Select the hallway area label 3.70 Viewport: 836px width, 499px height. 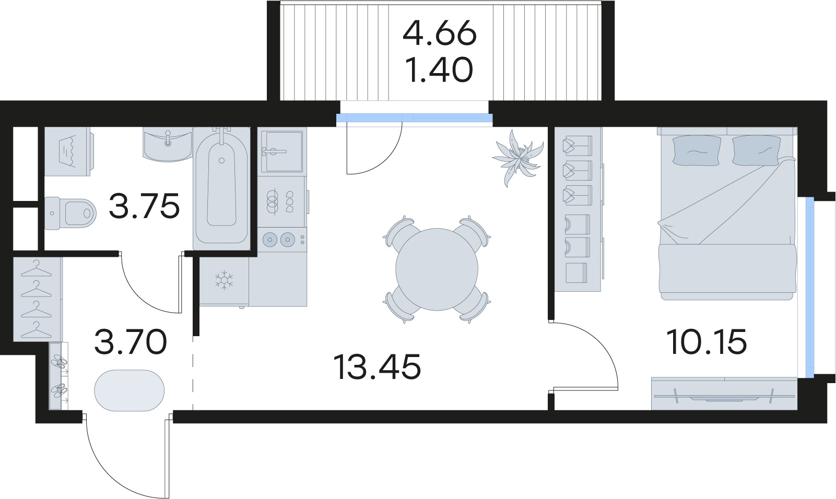pyautogui.click(x=130, y=341)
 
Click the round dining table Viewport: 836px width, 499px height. pyautogui.click(x=437, y=269)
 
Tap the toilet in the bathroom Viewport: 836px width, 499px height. pyautogui.click(x=70, y=213)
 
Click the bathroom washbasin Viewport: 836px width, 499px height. pyautogui.click(x=167, y=145)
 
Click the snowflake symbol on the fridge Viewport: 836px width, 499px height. pyautogui.click(x=224, y=281)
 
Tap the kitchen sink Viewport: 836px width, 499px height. pyautogui.click(x=282, y=151)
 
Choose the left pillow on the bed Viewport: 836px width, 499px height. pyautogui.click(x=697, y=150)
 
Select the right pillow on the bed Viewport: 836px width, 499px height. pyautogui.click(x=756, y=150)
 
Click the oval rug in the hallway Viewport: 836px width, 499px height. pyautogui.click(x=129, y=390)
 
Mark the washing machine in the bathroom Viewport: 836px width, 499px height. pyautogui.click(x=69, y=151)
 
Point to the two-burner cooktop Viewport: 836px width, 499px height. pyautogui.click(x=282, y=239)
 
